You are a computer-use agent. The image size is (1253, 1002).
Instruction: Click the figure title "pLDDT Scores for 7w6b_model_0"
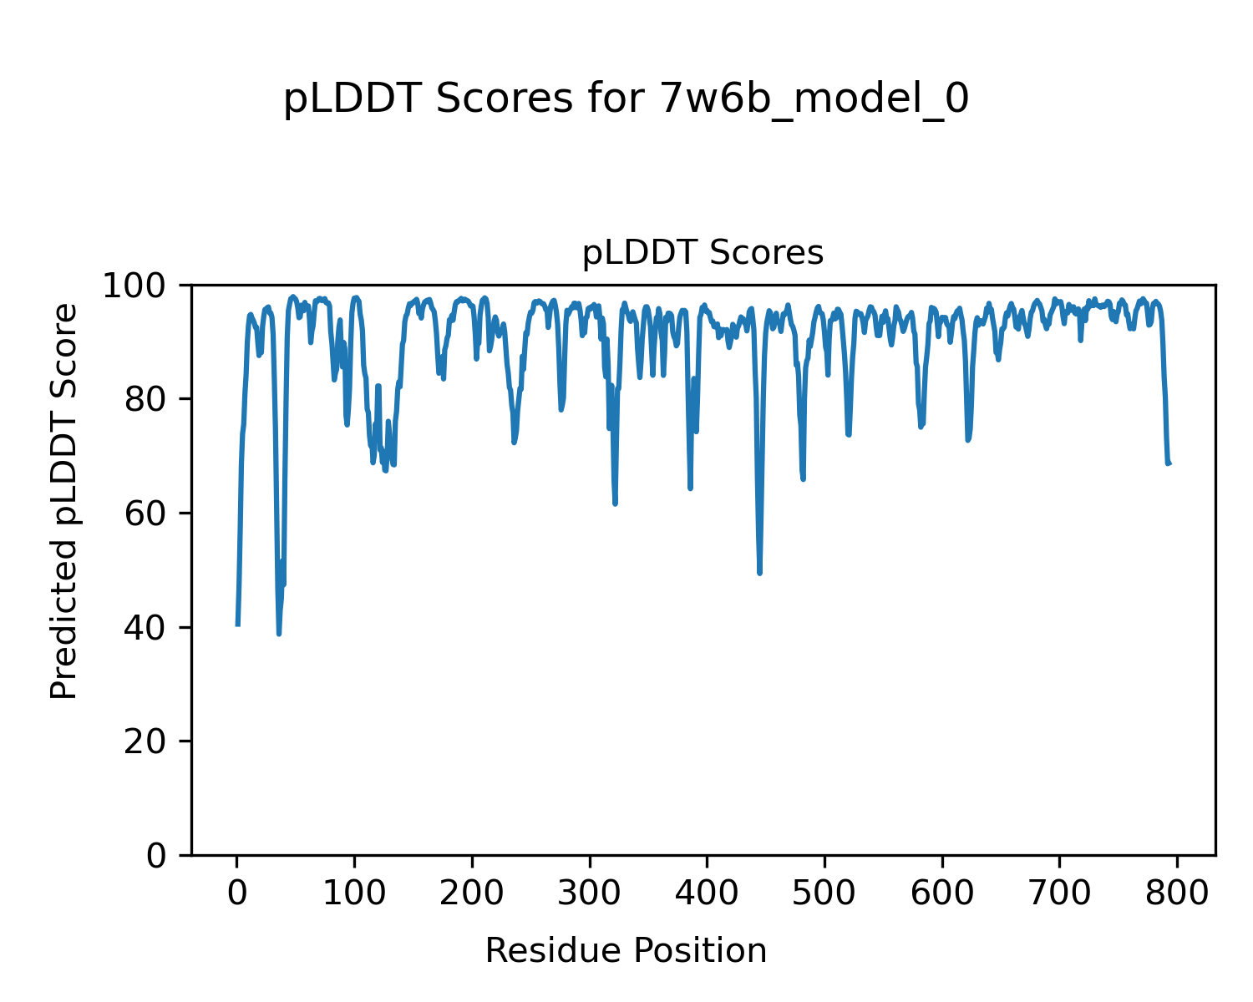coord(626,99)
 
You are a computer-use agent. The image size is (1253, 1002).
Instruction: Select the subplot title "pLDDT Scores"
coord(703,253)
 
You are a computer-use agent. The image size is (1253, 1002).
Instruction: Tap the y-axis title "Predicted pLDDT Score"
coord(64,501)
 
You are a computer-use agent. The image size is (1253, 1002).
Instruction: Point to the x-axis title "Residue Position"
coord(626,951)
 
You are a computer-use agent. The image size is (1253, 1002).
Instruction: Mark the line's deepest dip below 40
coord(279,634)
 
